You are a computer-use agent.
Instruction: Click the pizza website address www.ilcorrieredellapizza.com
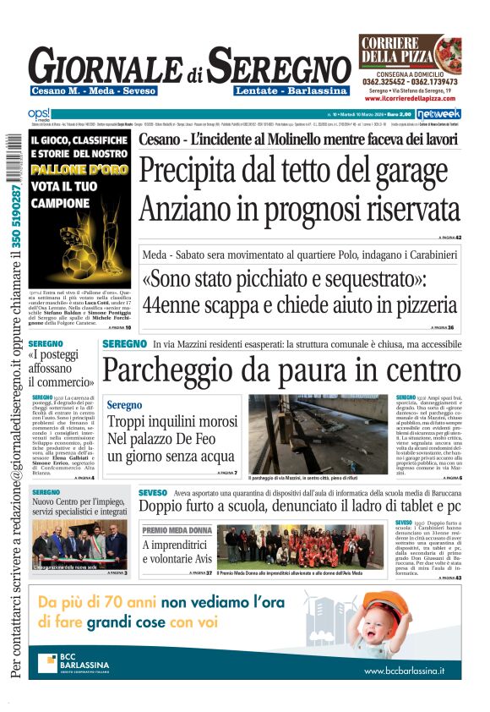click(x=410, y=97)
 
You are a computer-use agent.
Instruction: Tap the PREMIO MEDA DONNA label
click(x=177, y=530)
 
